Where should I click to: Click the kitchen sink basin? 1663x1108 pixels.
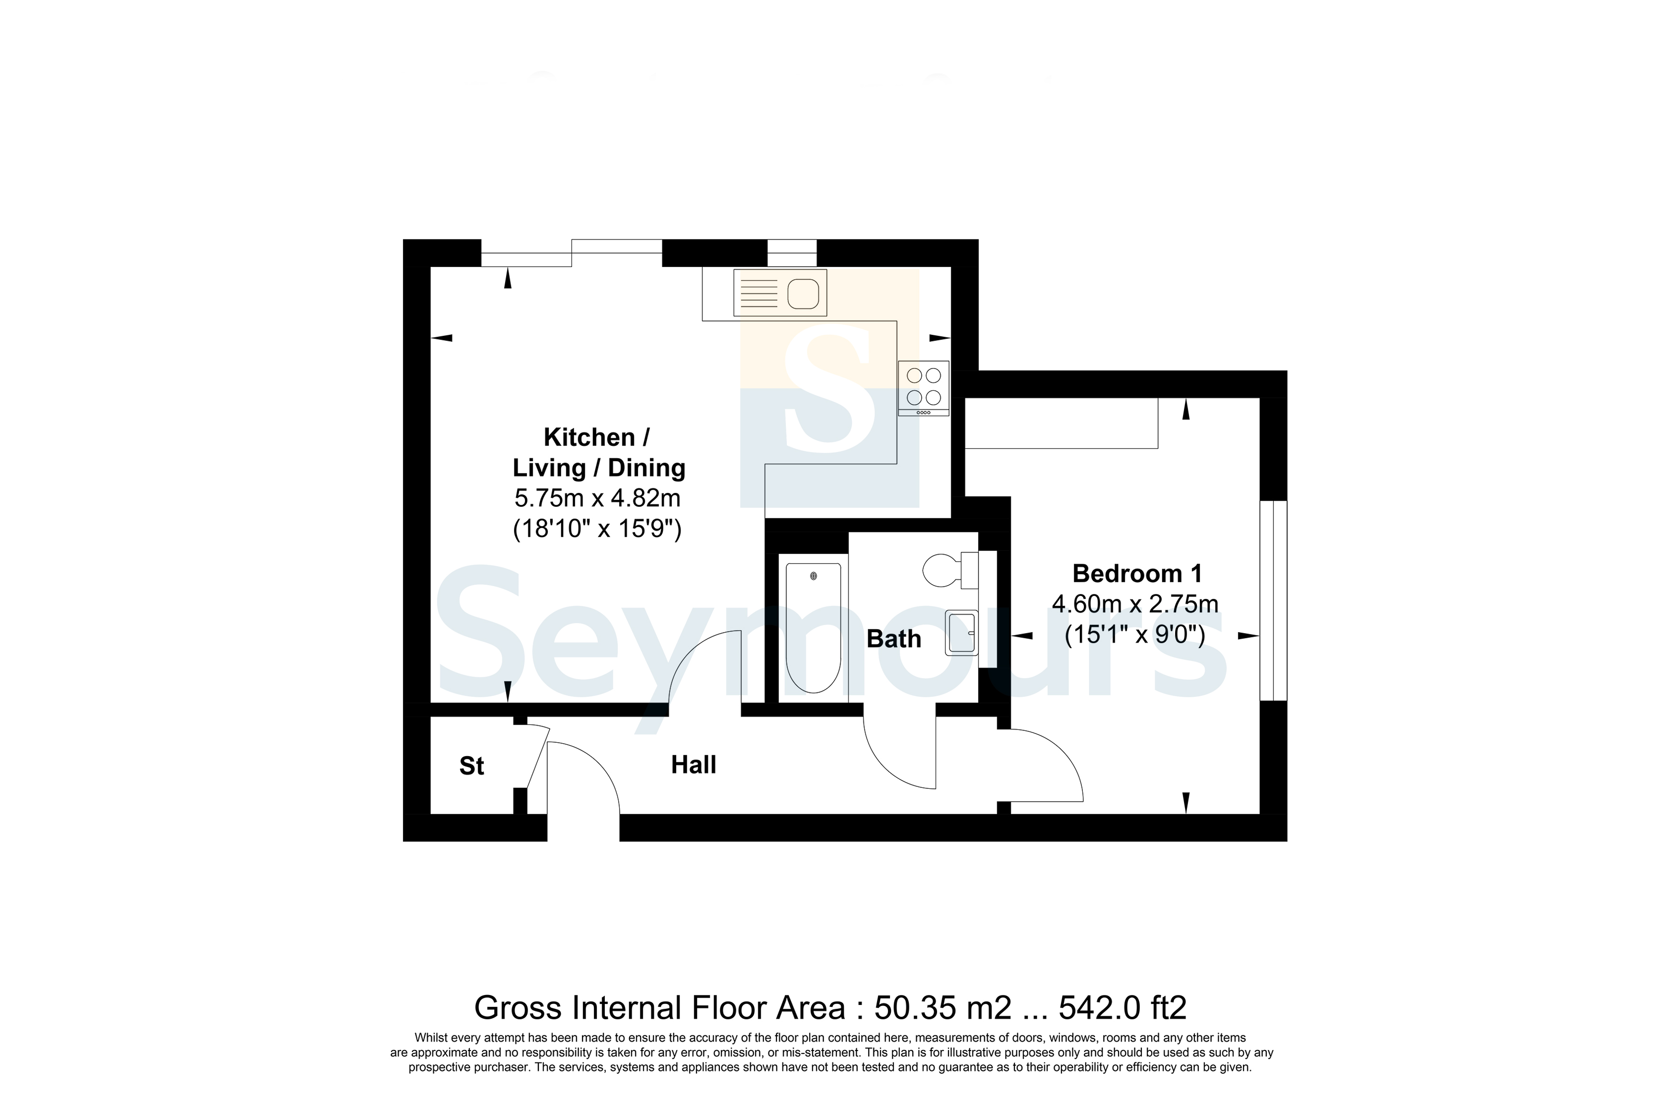pos(803,293)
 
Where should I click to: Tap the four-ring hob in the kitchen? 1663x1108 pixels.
pos(924,388)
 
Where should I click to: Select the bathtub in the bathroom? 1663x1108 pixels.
pos(813,627)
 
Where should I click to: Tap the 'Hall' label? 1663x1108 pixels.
pos(693,765)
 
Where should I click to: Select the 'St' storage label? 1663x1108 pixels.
pos(471,766)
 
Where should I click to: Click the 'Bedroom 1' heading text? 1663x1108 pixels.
pos(1137,573)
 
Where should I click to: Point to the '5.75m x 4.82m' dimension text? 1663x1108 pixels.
pos(597,498)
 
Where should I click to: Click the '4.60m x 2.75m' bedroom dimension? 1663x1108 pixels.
pos(1135,604)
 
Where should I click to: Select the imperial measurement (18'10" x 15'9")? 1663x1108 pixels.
pos(597,529)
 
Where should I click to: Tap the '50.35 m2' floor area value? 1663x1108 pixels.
pos(943,1008)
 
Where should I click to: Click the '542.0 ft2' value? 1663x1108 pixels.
pos(1122,1008)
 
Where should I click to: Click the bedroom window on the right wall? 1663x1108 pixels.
pos(1273,601)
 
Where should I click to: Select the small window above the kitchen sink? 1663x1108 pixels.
pos(792,253)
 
